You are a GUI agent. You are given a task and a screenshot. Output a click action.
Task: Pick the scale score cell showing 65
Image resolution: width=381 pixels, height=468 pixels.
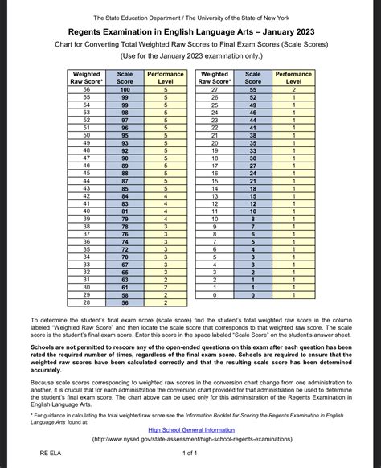tap(125, 272)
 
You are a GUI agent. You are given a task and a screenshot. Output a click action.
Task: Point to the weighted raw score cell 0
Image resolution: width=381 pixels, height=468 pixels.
tap(215, 295)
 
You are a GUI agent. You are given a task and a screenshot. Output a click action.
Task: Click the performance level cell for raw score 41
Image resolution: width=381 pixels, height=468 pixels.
tap(166, 203)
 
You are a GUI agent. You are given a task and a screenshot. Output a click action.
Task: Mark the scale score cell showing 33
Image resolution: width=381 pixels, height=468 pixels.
tap(252, 150)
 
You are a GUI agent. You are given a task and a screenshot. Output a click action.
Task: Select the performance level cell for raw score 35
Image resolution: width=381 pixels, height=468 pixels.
tap(166, 249)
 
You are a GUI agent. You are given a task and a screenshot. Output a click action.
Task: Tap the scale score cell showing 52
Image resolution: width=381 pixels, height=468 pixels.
tap(252, 96)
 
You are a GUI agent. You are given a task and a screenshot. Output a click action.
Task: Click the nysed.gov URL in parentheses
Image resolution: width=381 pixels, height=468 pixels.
tap(190, 440)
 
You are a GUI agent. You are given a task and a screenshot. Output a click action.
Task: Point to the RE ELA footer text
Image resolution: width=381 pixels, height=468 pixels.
tap(52, 454)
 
